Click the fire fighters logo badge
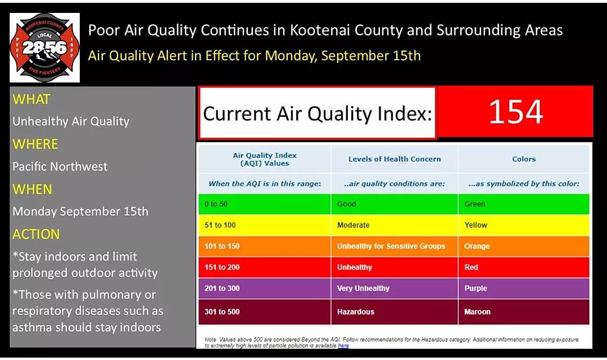pos(44,48)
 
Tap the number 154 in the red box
pos(515,111)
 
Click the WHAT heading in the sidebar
pos(31,99)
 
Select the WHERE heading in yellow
pos(35,144)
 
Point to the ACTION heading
pos(36,234)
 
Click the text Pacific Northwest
pos(60,166)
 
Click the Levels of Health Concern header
pos(394,159)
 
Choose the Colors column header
pos(524,159)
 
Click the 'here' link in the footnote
pos(343,345)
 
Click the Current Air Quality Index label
pos(318,114)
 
